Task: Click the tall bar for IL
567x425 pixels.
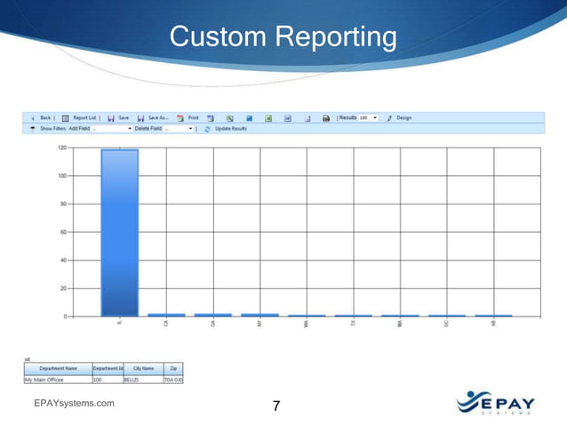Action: tap(119, 232)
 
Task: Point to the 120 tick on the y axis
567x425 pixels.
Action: tap(62, 148)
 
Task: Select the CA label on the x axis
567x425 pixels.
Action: tap(166, 325)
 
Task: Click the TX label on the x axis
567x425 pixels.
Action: tap(353, 325)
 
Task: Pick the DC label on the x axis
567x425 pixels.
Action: tap(446, 325)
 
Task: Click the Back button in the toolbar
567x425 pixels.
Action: tap(41, 117)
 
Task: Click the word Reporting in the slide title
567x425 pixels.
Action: tap(334, 37)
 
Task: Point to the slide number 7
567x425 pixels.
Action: tap(276, 406)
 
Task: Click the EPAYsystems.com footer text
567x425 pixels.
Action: tap(74, 404)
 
